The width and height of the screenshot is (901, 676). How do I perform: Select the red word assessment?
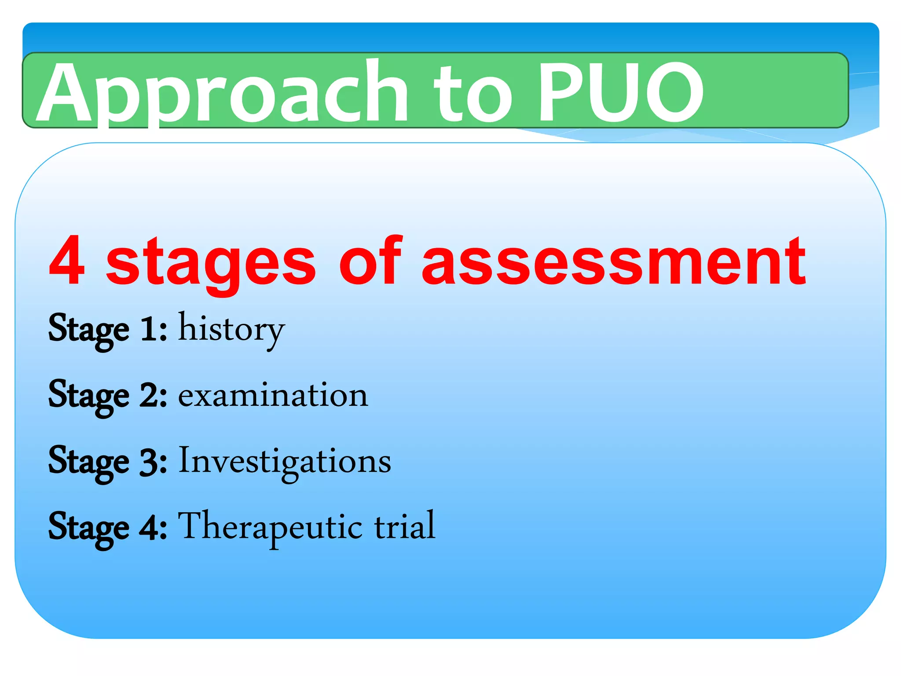(x=613, y=262)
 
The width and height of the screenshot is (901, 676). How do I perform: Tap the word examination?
(x=273, y=395)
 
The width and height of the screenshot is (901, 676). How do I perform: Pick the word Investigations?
(x=285, y=461)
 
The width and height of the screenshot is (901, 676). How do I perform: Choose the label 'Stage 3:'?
(x=107, y=461)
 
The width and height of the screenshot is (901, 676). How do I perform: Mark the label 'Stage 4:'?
(x=107, y=527)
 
